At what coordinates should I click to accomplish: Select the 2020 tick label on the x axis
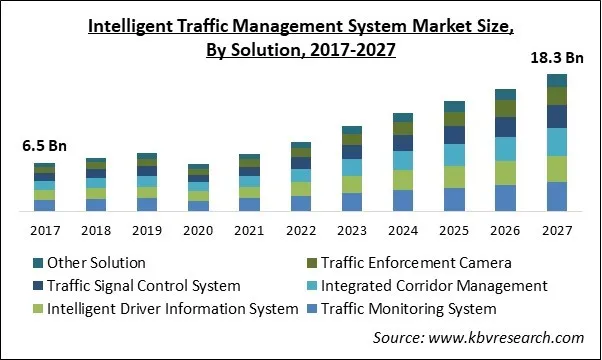click(x=199, y=230)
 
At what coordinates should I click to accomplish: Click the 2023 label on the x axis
click(x=352, y=230)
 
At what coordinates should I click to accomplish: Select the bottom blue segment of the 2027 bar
click(x=557, y=197)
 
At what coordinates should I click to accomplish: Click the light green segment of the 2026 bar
click(x=506, y=173)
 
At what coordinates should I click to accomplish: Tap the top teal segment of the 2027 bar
click(x=557, y=80)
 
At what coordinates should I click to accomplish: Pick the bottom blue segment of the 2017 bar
click(x=44, y=206)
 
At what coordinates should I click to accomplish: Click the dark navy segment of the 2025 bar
click(x=454, y=134)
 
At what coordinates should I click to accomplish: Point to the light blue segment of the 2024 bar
click(x=403, y=160)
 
